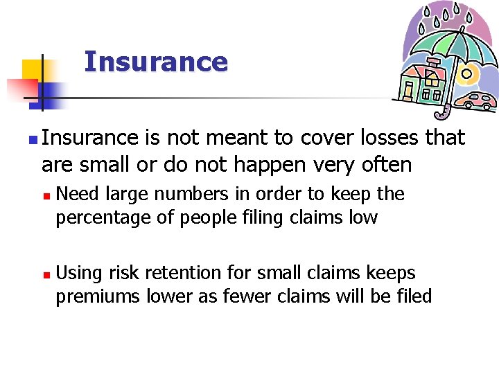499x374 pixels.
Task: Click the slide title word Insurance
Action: (x=155, y=62)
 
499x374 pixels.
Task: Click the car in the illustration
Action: (x=479, y=101)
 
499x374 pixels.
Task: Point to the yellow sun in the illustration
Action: (x=466, y=73)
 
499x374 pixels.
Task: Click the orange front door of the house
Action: (x=408, y=91)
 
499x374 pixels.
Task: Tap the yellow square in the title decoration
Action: (x=31, y=69)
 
